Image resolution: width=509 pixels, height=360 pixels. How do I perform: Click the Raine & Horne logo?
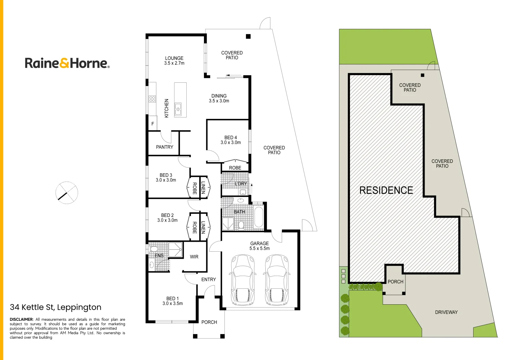tap(67, 63)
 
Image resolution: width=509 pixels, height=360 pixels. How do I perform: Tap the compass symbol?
tap(67, 193)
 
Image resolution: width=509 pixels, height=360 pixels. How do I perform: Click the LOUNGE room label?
tap(174, 58)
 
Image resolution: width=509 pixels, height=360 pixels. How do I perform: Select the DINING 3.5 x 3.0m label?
tap(219, 98)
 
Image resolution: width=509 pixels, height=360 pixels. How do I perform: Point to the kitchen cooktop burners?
tap(152, 99)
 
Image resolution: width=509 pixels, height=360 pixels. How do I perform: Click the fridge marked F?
tap(153, 123)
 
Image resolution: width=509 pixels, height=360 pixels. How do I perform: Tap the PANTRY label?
tap(165, 147)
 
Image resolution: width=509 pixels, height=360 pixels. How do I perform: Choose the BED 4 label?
tap(230, 137)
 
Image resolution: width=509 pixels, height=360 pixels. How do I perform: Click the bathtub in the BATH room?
tap(259, 217)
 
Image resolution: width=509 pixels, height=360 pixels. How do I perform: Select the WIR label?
tap(194, 257)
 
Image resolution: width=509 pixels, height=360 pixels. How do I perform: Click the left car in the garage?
tap(243, 280)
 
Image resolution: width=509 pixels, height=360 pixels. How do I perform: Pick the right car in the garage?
tap(277, 280)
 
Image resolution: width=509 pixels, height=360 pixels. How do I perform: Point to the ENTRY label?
tap(208, 279)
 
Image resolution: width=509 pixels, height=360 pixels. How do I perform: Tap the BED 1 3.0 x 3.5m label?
tap(172, 301)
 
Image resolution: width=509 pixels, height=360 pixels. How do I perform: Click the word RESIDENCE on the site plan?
tap(386, 190)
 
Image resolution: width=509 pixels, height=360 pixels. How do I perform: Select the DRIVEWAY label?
tap(446, 312)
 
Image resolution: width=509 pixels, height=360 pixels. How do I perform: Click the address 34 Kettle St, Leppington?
tap(55, 307)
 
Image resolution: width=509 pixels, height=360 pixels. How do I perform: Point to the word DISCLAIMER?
tap(21, 319)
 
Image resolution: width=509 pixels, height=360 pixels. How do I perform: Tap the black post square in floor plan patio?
tap(248, 36)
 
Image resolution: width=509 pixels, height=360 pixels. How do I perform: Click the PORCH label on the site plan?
tap(395, 282)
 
